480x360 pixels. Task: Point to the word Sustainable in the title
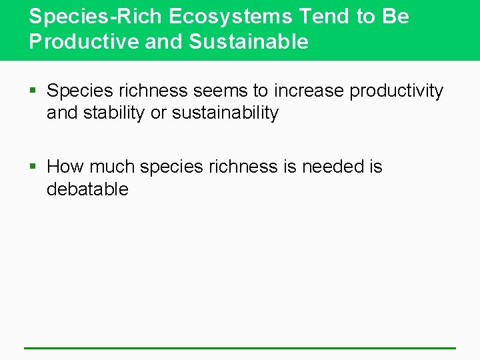249,41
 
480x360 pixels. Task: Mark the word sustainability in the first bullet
225,113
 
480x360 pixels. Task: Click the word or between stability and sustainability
158,114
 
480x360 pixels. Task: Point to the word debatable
87,189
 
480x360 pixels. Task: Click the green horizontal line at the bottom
240,347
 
